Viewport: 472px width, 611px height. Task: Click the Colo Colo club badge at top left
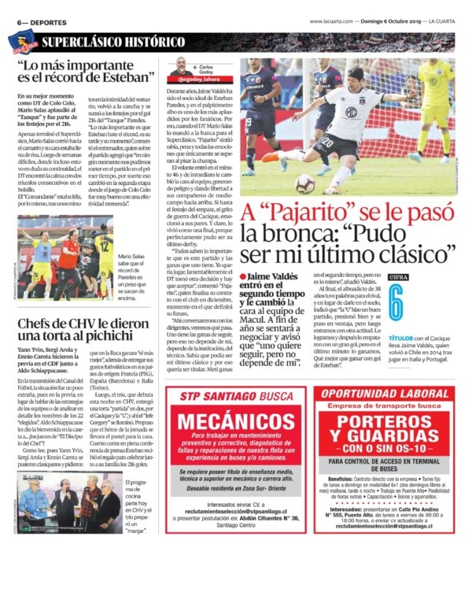tap(23, 40)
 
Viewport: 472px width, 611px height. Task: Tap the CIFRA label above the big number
tap(398, 277)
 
